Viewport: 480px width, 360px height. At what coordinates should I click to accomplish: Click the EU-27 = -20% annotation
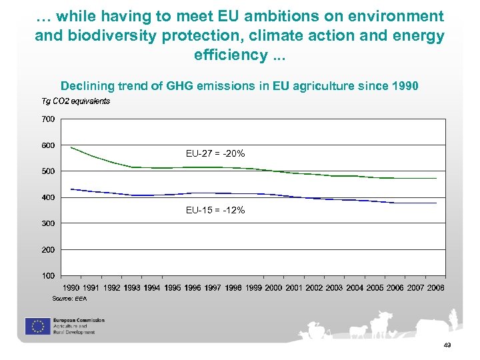pyautogui.click(x=215, y=154)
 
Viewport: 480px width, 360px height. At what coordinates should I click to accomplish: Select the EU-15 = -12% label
pyautogui.click(x=215, y=210)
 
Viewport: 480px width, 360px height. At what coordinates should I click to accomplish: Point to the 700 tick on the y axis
pyautogui.click(x=48, y=119)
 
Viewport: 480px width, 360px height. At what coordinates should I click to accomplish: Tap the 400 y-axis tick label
pyautogui.click(x=48, y=197)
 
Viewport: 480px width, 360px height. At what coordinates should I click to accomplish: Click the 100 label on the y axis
pyautogui.click(x=48, y=275)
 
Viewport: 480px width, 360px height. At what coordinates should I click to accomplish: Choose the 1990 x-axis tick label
pyautogui.click(x=71, y=287)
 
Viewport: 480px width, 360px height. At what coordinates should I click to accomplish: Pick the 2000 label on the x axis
pyautogui.click(x=273, y=287)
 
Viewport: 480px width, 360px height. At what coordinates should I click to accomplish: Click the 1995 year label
pyautogui.click(x=173, y=287)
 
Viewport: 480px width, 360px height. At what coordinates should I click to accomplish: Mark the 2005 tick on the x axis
pyautogui.click(x=375, y=287)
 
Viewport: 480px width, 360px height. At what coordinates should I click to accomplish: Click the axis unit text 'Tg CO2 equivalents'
pyautogui.click(x=75, y=101)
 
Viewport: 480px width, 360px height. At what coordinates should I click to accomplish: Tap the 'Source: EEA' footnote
pyautogui.click(x=69, y=299)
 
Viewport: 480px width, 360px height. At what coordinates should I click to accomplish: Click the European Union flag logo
pyautogui.click(x=36, y=326)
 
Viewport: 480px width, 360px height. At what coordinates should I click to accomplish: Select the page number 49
pyautogui.click(x=447, y=345)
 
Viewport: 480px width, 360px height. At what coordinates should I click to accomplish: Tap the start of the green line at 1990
pyautogui.click(x=71, y=147)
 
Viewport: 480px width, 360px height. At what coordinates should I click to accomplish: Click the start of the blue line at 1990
pyautogui.click(x=71, y=189)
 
